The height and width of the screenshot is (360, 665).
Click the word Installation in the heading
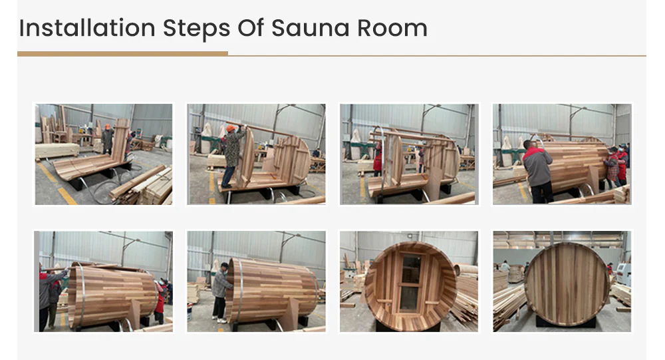pos(87,29)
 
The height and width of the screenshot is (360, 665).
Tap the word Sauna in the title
pos(311,29)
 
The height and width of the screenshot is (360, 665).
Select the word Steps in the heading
pos(196,29)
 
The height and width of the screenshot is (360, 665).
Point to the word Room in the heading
pos(392,29)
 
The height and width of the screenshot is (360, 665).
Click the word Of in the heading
pos(251,29)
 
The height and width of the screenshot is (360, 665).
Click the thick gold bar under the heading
pos(122,54)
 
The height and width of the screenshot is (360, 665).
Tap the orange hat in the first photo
pos(108,126)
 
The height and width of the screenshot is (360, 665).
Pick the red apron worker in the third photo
pos(378,160)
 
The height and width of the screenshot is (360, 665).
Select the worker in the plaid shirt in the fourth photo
pos(612,168)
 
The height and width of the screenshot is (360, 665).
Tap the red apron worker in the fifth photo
pos(160,301)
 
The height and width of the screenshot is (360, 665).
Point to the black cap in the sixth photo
pos(225,266)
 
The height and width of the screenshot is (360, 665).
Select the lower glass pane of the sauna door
pos(408,298)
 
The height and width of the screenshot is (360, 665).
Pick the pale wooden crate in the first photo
pos(57,150)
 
